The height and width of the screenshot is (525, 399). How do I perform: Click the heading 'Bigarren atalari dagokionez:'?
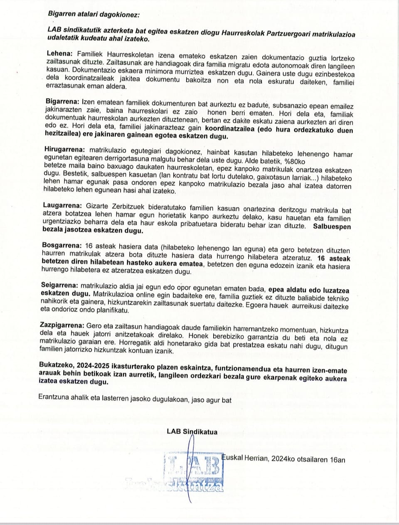point(94,14)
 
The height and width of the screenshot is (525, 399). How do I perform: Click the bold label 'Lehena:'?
point(60,54)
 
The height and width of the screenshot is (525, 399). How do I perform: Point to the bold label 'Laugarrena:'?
point(63,205)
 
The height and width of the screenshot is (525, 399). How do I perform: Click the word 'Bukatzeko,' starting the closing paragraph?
point(56,364)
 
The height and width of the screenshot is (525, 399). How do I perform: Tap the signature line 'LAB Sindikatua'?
point(192,432)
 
